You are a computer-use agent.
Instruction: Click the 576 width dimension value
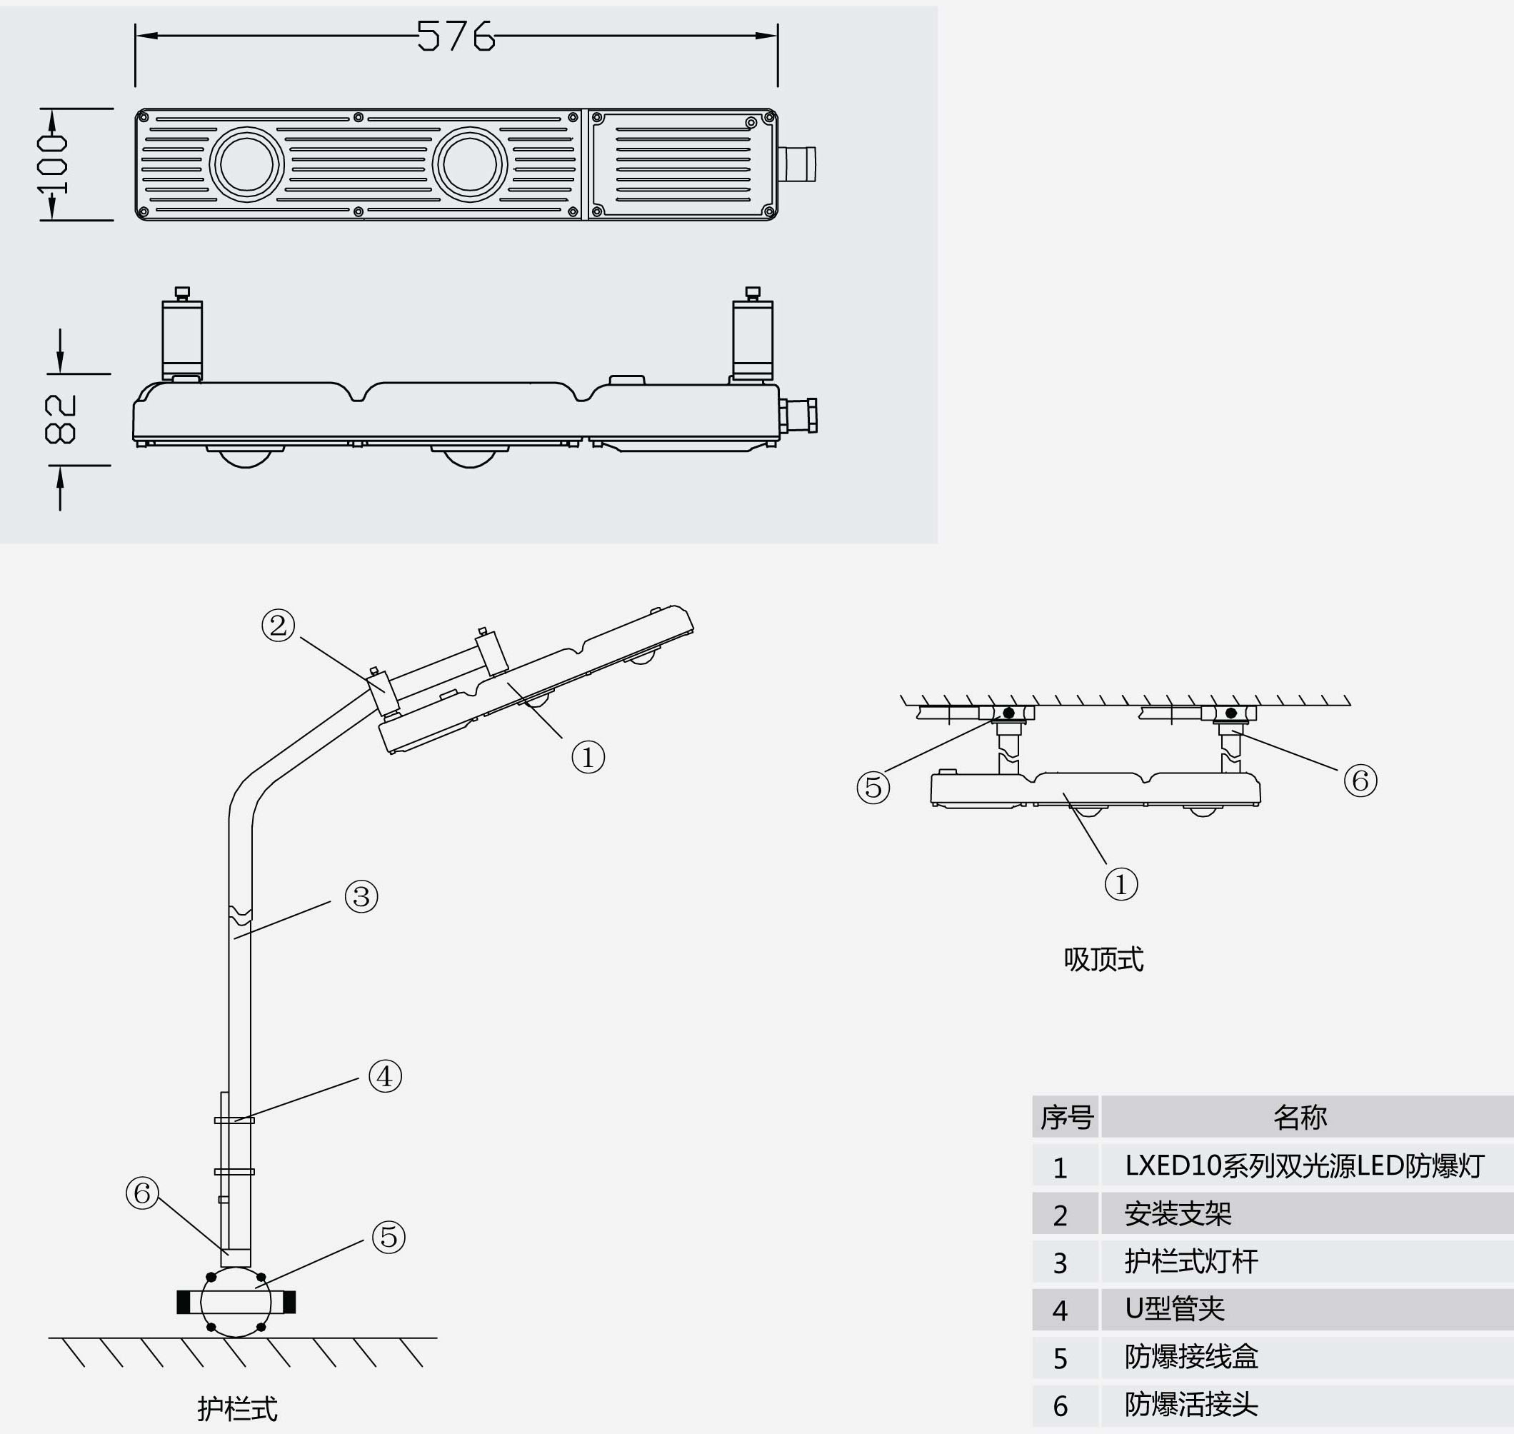(x=456, y=36)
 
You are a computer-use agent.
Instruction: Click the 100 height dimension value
(x=54, y=164)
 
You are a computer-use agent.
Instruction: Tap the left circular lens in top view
(x=246, y=164)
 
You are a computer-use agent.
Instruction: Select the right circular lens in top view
(x=469, y=164)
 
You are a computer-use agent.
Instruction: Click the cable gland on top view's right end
(x=797, y=164)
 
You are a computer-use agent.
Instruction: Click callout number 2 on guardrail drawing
(x=279, y=626)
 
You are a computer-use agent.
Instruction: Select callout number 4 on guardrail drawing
(x=385, y=1076)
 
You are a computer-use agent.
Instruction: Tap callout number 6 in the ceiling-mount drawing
(x=1360, y=781)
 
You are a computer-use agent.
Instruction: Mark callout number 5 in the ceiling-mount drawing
(x=873, y=787)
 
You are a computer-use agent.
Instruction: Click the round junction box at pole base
(x=236, y=1302)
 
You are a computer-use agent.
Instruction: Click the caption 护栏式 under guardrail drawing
(x=238, y=1409)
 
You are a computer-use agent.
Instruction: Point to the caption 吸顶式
(x=1103, y=960)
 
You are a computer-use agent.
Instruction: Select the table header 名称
(x=1300, y=1118)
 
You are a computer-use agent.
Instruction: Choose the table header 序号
(x=1066, y=1118)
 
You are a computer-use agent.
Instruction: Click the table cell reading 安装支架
(x=1178, y=1215)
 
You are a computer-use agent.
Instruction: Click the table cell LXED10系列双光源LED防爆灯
(x=1304, y=1166)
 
